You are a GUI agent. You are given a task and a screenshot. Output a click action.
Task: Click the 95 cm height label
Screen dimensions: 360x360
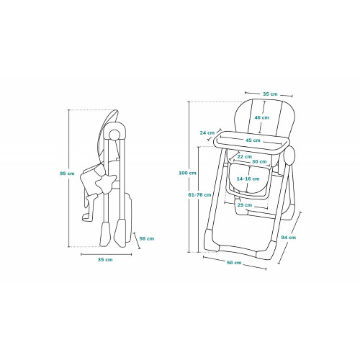(x=67, y=174)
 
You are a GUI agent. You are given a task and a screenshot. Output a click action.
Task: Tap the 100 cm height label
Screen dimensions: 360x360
(x=187, y=173)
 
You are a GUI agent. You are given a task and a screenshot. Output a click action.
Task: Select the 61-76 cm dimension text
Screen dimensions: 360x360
(x=199, y=194)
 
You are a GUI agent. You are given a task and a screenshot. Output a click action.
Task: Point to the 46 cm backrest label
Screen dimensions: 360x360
(x=262, y=117)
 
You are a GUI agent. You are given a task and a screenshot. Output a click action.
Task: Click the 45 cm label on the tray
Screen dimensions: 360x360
(x=253, y=140)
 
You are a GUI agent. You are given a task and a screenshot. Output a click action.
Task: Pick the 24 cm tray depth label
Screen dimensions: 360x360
(x=207, y=132)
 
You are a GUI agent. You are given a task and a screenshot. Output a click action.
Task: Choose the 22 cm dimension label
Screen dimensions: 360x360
(x=245, y=156)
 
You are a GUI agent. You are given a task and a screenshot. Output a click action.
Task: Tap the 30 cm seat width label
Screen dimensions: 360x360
(x=259, y=161)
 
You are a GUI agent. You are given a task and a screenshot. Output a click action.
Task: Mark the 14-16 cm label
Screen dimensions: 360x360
(x=248, y=179)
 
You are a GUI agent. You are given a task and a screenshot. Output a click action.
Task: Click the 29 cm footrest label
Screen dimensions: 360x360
(x=245, y=205)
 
